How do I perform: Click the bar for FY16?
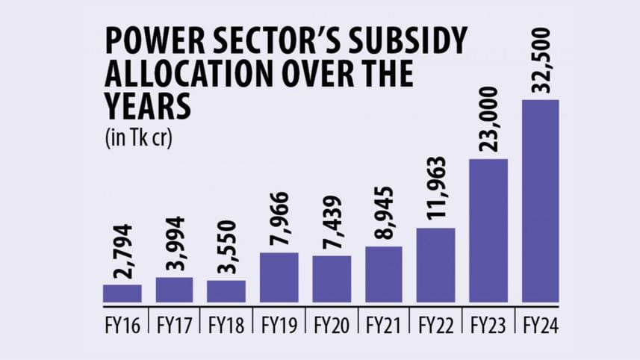(x=122, y=294)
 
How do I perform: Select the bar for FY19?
(x=279, y=277)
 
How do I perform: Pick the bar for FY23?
(x=488, y=231)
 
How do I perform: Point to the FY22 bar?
(x=436, y=265)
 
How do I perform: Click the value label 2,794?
(x=122, y=252)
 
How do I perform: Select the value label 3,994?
(x=175, y=245)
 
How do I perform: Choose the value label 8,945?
(x=384, y=214)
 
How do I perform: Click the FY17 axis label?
(x=175, y=326)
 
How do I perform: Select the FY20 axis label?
(x=332, y=326)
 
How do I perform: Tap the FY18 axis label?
(x=227, y=326)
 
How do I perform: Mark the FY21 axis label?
(x=384, y=326)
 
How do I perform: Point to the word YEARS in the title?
(x=149, y=108)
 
